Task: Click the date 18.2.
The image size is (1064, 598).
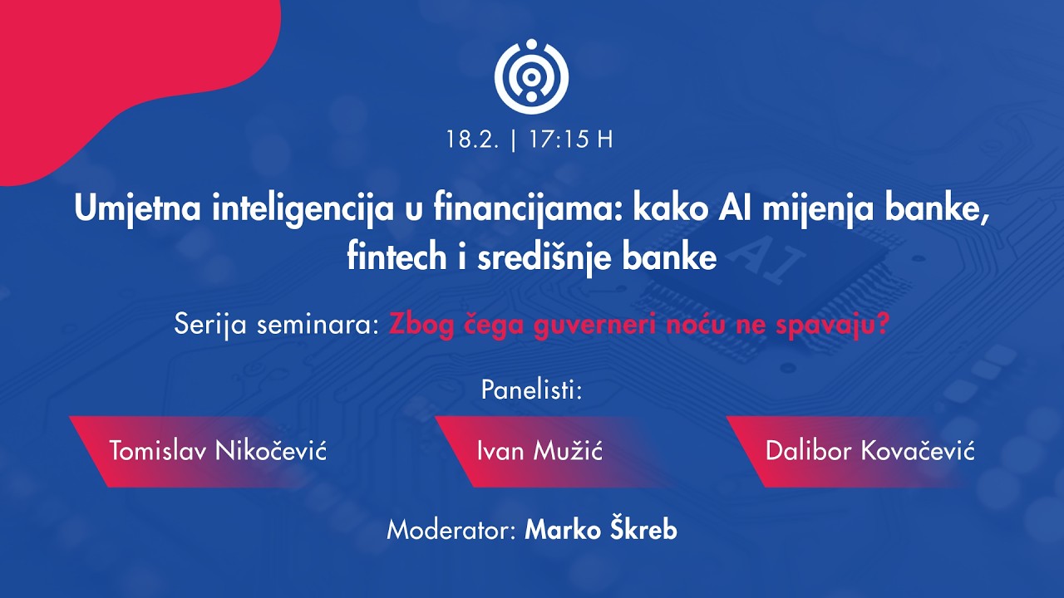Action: (x=472, y=140)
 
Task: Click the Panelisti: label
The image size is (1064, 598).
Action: (x=532, y=390)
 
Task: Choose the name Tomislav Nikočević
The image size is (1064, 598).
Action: (x=218, y=452)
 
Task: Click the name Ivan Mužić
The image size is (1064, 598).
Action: (x=539, y=452)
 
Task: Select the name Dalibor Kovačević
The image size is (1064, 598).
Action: (x=869, y=452)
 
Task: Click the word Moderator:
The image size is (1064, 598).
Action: (x=451, y=530)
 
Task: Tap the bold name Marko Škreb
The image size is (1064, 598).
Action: (x=600, y=530)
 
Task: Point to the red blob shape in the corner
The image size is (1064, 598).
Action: (x=125, y=66)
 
